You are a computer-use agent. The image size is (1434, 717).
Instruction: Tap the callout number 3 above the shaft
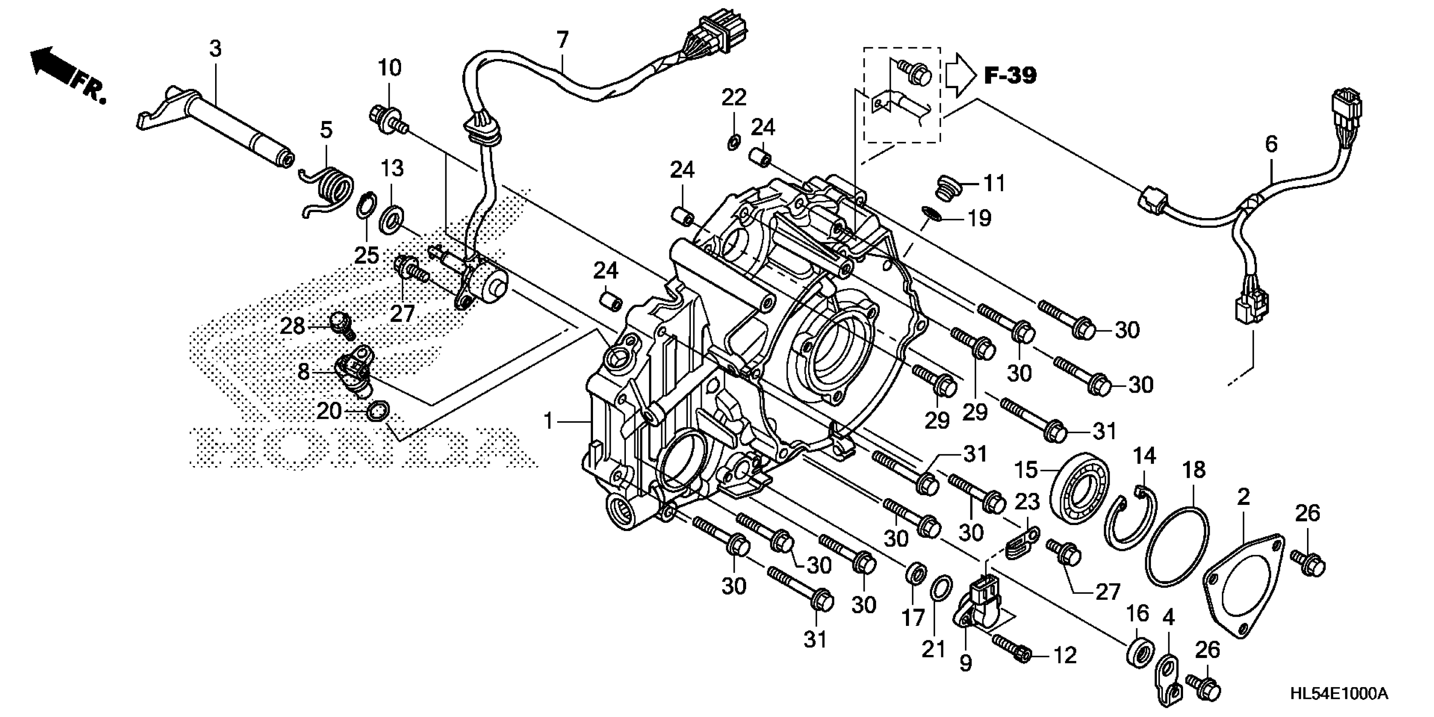216,49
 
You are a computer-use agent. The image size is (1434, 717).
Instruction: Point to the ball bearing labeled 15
1079,489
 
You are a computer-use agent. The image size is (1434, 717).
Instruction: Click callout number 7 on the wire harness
562,40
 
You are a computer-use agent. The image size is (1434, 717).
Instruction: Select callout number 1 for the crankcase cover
548,421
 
